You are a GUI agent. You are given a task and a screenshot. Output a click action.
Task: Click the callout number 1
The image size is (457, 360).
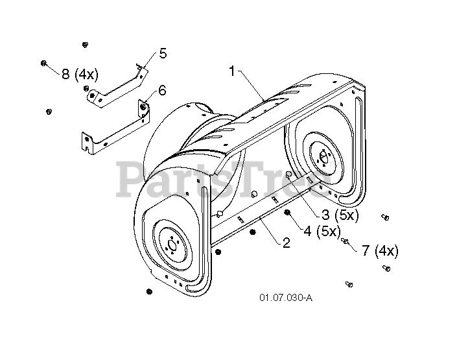[231, 71]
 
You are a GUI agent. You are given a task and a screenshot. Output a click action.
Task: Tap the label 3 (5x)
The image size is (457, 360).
[340, 215]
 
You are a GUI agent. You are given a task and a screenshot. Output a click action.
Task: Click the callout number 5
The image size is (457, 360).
[163, 54]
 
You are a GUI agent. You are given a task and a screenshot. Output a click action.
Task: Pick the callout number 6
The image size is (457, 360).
[162, 91]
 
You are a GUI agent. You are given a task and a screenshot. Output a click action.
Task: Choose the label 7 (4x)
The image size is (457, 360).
[380, 250]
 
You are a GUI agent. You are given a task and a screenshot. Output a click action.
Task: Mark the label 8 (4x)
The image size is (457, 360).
[80, 74]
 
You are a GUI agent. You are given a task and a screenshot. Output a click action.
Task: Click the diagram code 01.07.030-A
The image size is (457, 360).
[286, 298]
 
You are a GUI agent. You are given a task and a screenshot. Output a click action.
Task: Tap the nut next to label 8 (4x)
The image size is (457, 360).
[43, 64]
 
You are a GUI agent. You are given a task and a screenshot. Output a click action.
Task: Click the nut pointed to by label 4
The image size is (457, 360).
[287, 213]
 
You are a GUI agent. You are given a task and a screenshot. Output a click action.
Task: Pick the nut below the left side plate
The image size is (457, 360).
[149, 291]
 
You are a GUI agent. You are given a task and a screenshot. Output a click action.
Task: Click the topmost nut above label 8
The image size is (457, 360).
[85, 44]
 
